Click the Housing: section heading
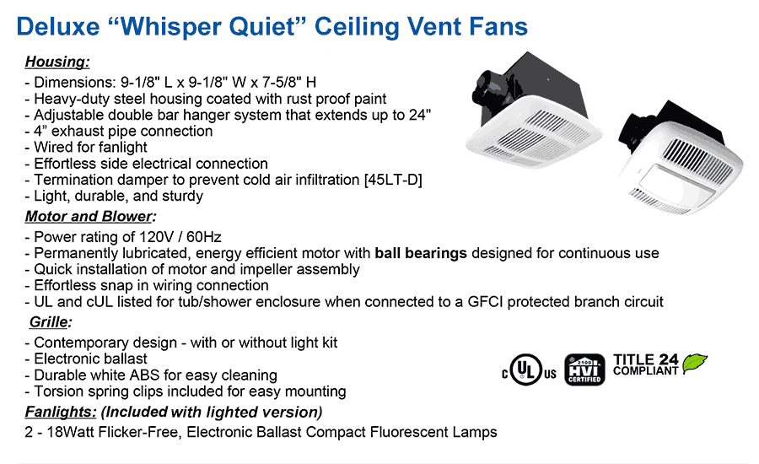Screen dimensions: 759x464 point(57,62)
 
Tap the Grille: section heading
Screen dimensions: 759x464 point(49,322)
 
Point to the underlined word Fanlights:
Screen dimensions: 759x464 point(61,412)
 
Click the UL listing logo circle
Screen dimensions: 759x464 point(526,370)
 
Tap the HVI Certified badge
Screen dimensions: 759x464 point(584,370)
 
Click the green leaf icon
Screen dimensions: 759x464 point(695,363)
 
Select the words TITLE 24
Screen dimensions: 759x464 point(645,359)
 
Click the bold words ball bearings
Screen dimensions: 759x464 point(421,253)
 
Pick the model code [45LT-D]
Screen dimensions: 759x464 point(393,180)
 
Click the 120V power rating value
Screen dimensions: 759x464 point(153,237)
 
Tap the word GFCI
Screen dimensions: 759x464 point(485,302)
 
